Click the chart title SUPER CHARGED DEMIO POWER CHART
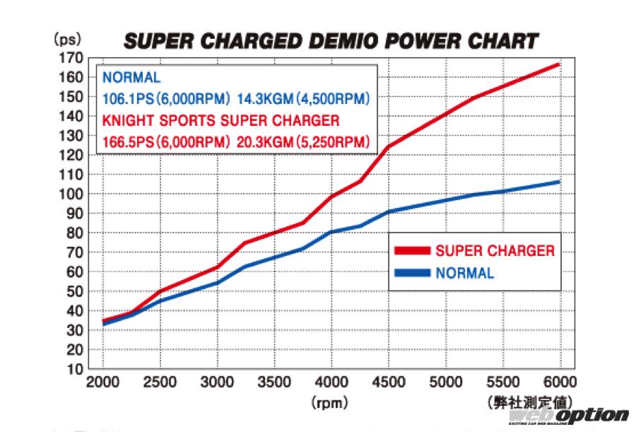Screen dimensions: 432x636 (x=331, y=41)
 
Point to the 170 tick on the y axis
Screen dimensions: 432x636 (x=74, y=57)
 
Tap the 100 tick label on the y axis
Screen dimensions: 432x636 (x=74, y=194)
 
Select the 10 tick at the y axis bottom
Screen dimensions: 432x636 (x=78, y=369)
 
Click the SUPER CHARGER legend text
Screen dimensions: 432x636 (x=495, y=250)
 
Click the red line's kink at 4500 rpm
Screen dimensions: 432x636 (x=388, y=146)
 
